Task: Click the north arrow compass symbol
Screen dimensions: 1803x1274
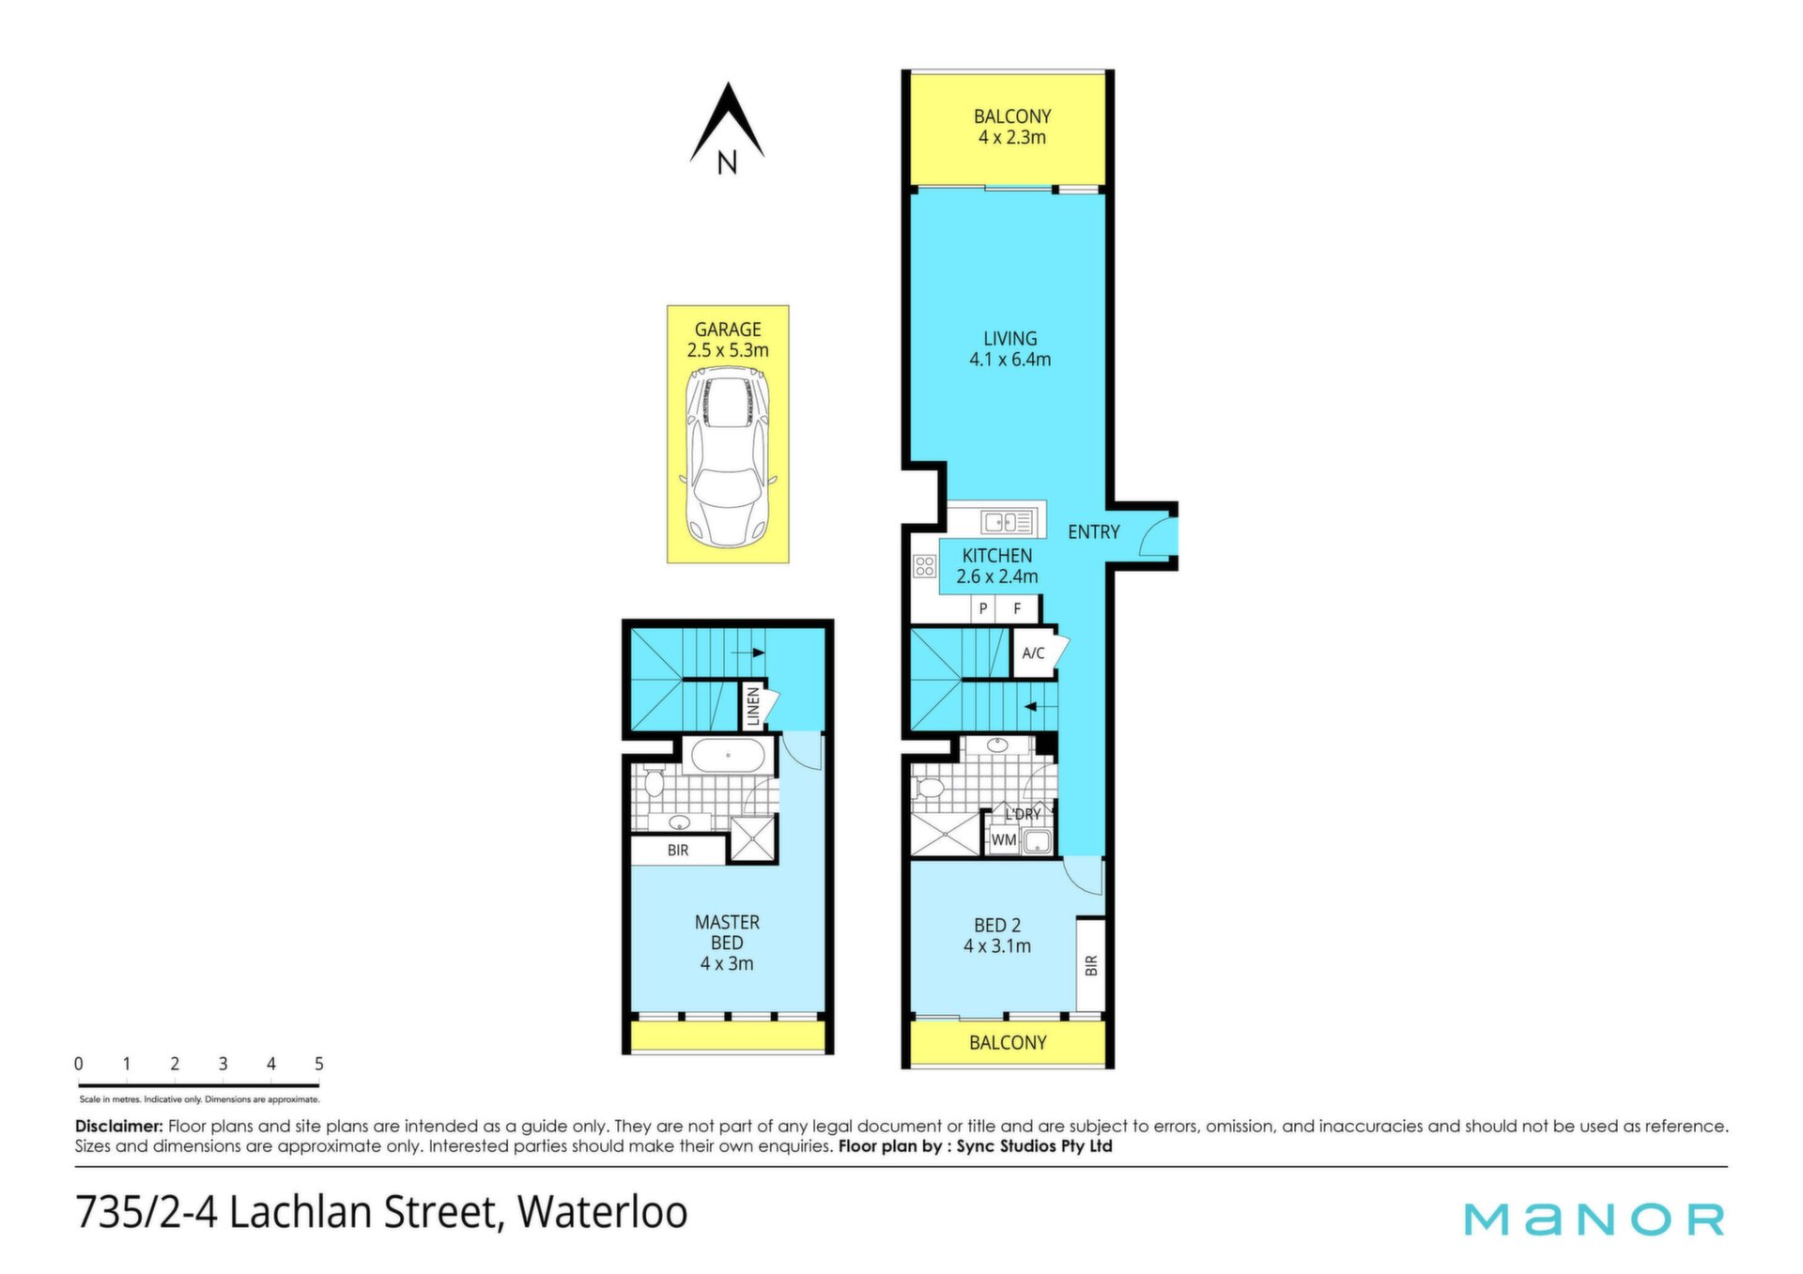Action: tap(727, 129)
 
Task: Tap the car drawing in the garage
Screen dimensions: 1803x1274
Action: tap(728, 458)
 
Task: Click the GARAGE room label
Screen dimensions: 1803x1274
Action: tap(728, 330)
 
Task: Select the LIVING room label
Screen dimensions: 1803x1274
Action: tap(1010, 339)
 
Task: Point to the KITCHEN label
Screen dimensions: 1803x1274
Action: tap(997, 556)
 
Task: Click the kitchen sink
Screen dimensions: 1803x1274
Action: tap(1008, 522)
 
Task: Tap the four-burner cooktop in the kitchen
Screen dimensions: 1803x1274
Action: tap(925, 565)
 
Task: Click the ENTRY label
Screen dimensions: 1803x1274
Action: tap(1094, 532)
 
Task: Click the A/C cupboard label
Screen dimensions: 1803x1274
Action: tap(1033, 653)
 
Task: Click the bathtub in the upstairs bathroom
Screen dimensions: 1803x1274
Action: tap(728, 756)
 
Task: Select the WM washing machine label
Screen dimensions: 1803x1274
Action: tap(1004, 840)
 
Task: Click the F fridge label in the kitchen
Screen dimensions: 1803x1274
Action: tap(1017, 609)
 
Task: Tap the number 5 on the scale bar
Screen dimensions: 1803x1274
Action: tap(319, 1064)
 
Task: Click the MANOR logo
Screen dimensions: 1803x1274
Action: tap(1595, 1219)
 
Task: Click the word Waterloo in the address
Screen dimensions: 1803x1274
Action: tap(603, 1211)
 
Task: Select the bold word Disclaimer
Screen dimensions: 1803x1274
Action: tap(119, 1126)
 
